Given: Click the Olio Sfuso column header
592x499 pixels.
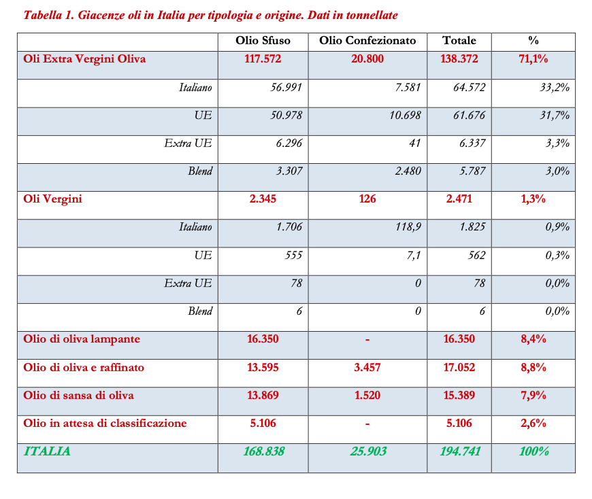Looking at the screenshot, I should click(263, 41).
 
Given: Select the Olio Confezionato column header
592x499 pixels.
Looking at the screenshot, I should click(367, 41).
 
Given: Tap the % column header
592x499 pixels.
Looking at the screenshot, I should click(533, 41).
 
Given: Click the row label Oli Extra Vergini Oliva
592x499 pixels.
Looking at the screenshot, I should click(84, 59).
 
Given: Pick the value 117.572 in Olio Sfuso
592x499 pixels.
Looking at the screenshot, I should click(263, 59).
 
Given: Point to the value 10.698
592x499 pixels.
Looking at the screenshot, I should click(405, 116).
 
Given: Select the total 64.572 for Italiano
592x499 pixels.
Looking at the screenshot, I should click(470, 88).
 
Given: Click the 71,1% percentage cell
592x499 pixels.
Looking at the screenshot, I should click(533, 59).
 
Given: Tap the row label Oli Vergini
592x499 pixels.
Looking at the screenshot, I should click(53, 199).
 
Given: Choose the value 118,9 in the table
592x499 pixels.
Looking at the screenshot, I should click(407, 227).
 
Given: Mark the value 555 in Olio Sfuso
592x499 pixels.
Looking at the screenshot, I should click(293, 256).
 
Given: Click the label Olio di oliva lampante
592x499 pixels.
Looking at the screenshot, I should click(82, 339).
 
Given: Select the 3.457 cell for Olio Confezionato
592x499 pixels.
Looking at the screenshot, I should click(367, 367).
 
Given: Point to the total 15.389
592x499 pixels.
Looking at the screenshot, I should click(459, 395).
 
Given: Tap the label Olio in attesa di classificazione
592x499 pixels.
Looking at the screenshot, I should click(105, 423).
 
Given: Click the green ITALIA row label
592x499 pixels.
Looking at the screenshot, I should click(47, 451).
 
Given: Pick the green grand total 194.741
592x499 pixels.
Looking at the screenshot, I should click(459, 451).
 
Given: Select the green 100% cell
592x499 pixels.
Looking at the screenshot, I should click(533, 451).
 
